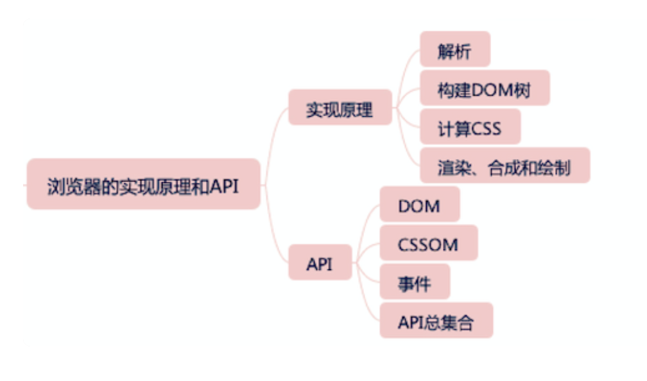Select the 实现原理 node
[340, 107]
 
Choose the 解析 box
[455, 49]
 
